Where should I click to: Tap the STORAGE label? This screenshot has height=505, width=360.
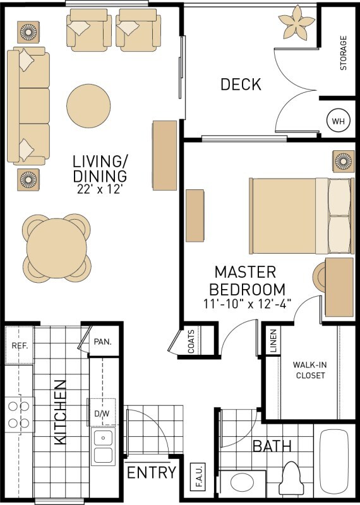click(x=344, y=53)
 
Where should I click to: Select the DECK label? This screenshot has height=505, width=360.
click(x=241, y=85)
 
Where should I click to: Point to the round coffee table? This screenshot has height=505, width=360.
click(x=89, y=105)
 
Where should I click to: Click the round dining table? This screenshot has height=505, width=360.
click(x=56, y=249)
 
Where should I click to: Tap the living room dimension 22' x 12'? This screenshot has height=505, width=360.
click(x=100, y=187)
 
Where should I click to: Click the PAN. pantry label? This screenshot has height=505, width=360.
click(x=102, y=342)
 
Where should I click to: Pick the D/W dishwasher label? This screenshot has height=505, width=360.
click(x=102, y=413)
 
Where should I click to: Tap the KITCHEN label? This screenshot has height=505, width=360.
click(x=61, y=412)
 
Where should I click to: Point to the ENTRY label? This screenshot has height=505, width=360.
click(x=152, y=473)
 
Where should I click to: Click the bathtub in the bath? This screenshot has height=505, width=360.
click(x=336, y=465)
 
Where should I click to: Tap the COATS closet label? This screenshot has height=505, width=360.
click(x=191, y=343)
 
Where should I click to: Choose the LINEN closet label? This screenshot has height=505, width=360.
click(x=273, y=342)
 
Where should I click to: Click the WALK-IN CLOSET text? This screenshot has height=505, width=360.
click(x=309, y=370)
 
